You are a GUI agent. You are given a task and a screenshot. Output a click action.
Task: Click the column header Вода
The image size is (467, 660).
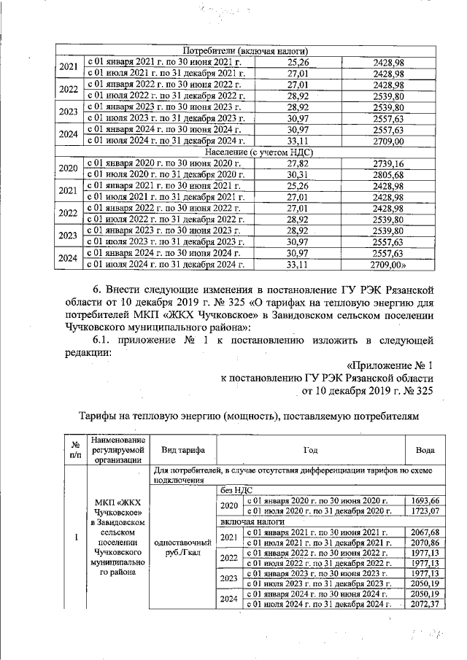425,450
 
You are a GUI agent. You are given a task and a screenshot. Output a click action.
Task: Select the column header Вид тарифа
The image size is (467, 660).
182,450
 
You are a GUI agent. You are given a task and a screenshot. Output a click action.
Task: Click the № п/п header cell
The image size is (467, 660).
75,450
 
